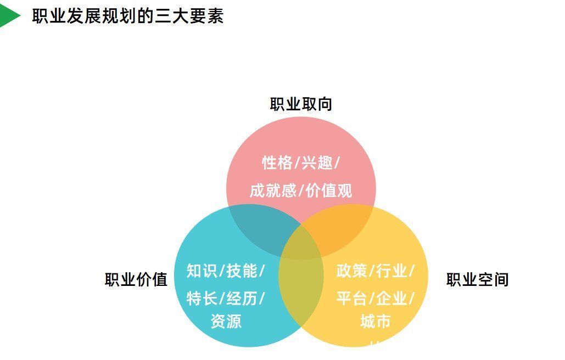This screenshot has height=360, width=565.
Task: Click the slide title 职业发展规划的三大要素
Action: (128, 16)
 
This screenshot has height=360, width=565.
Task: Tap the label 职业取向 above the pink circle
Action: (301, 104)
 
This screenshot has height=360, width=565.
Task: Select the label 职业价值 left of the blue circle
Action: (136, 279)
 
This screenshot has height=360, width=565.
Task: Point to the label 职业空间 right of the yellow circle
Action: (478, 279)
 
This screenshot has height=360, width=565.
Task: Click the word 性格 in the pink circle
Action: (277, 163)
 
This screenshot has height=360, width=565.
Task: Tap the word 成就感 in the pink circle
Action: (273, 190)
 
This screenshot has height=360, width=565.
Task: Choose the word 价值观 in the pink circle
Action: (328, 190)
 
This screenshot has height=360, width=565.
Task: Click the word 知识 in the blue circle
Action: (202, 271)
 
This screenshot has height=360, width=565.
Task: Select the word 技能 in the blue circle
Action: (242, 271)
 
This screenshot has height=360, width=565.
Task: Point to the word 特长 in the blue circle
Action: (202, 298)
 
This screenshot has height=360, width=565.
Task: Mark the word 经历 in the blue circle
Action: (242, 298)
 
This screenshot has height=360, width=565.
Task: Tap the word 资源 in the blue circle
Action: (226, 321)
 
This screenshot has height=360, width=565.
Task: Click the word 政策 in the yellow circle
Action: (351, 271)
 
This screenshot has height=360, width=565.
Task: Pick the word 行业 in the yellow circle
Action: (391, 271)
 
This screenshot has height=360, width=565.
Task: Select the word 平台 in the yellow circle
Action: (351, 298)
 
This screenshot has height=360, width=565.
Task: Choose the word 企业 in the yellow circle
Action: (391, 298)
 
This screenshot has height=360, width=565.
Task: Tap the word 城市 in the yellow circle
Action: (376, 321)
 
